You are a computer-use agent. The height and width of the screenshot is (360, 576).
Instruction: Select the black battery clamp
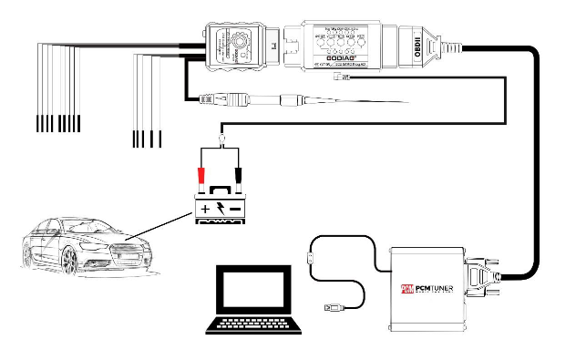pyautogui.click(x=238, y=173)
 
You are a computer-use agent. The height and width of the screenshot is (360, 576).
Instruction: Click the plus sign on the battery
pyautogui.click(x=205, y=210)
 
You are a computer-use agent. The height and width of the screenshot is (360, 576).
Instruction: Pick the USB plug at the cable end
pyautogui.click(x=334, y=310)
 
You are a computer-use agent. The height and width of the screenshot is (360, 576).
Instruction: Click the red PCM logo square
pyautogui.click(x=408, y=291)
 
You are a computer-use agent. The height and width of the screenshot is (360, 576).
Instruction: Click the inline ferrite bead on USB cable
pyautogui.click(x=312, y=258)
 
